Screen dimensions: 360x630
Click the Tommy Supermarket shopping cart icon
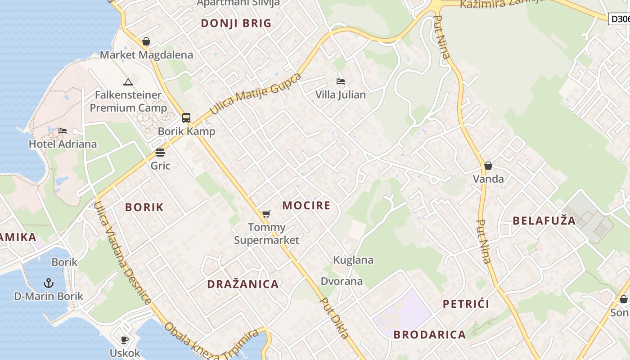266,214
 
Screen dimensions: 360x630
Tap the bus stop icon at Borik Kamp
186,118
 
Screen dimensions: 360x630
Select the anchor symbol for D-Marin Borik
48,283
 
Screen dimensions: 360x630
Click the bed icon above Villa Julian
341,81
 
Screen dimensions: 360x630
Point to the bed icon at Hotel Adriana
63,131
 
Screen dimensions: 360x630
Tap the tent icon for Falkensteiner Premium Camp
128,82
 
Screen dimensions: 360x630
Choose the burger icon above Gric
160,153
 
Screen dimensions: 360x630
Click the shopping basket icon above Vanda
488,166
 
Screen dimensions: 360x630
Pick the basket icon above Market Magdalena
146,42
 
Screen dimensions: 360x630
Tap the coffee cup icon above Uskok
125,340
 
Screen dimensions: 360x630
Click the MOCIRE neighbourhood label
306,206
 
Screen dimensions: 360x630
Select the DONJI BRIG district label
236,23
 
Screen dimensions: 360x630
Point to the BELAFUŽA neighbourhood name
544,220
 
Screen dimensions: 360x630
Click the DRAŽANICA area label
243,284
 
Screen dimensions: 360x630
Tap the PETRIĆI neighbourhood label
466,304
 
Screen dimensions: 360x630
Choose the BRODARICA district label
429,334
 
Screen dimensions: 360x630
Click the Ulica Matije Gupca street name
255,93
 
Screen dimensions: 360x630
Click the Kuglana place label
353,260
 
